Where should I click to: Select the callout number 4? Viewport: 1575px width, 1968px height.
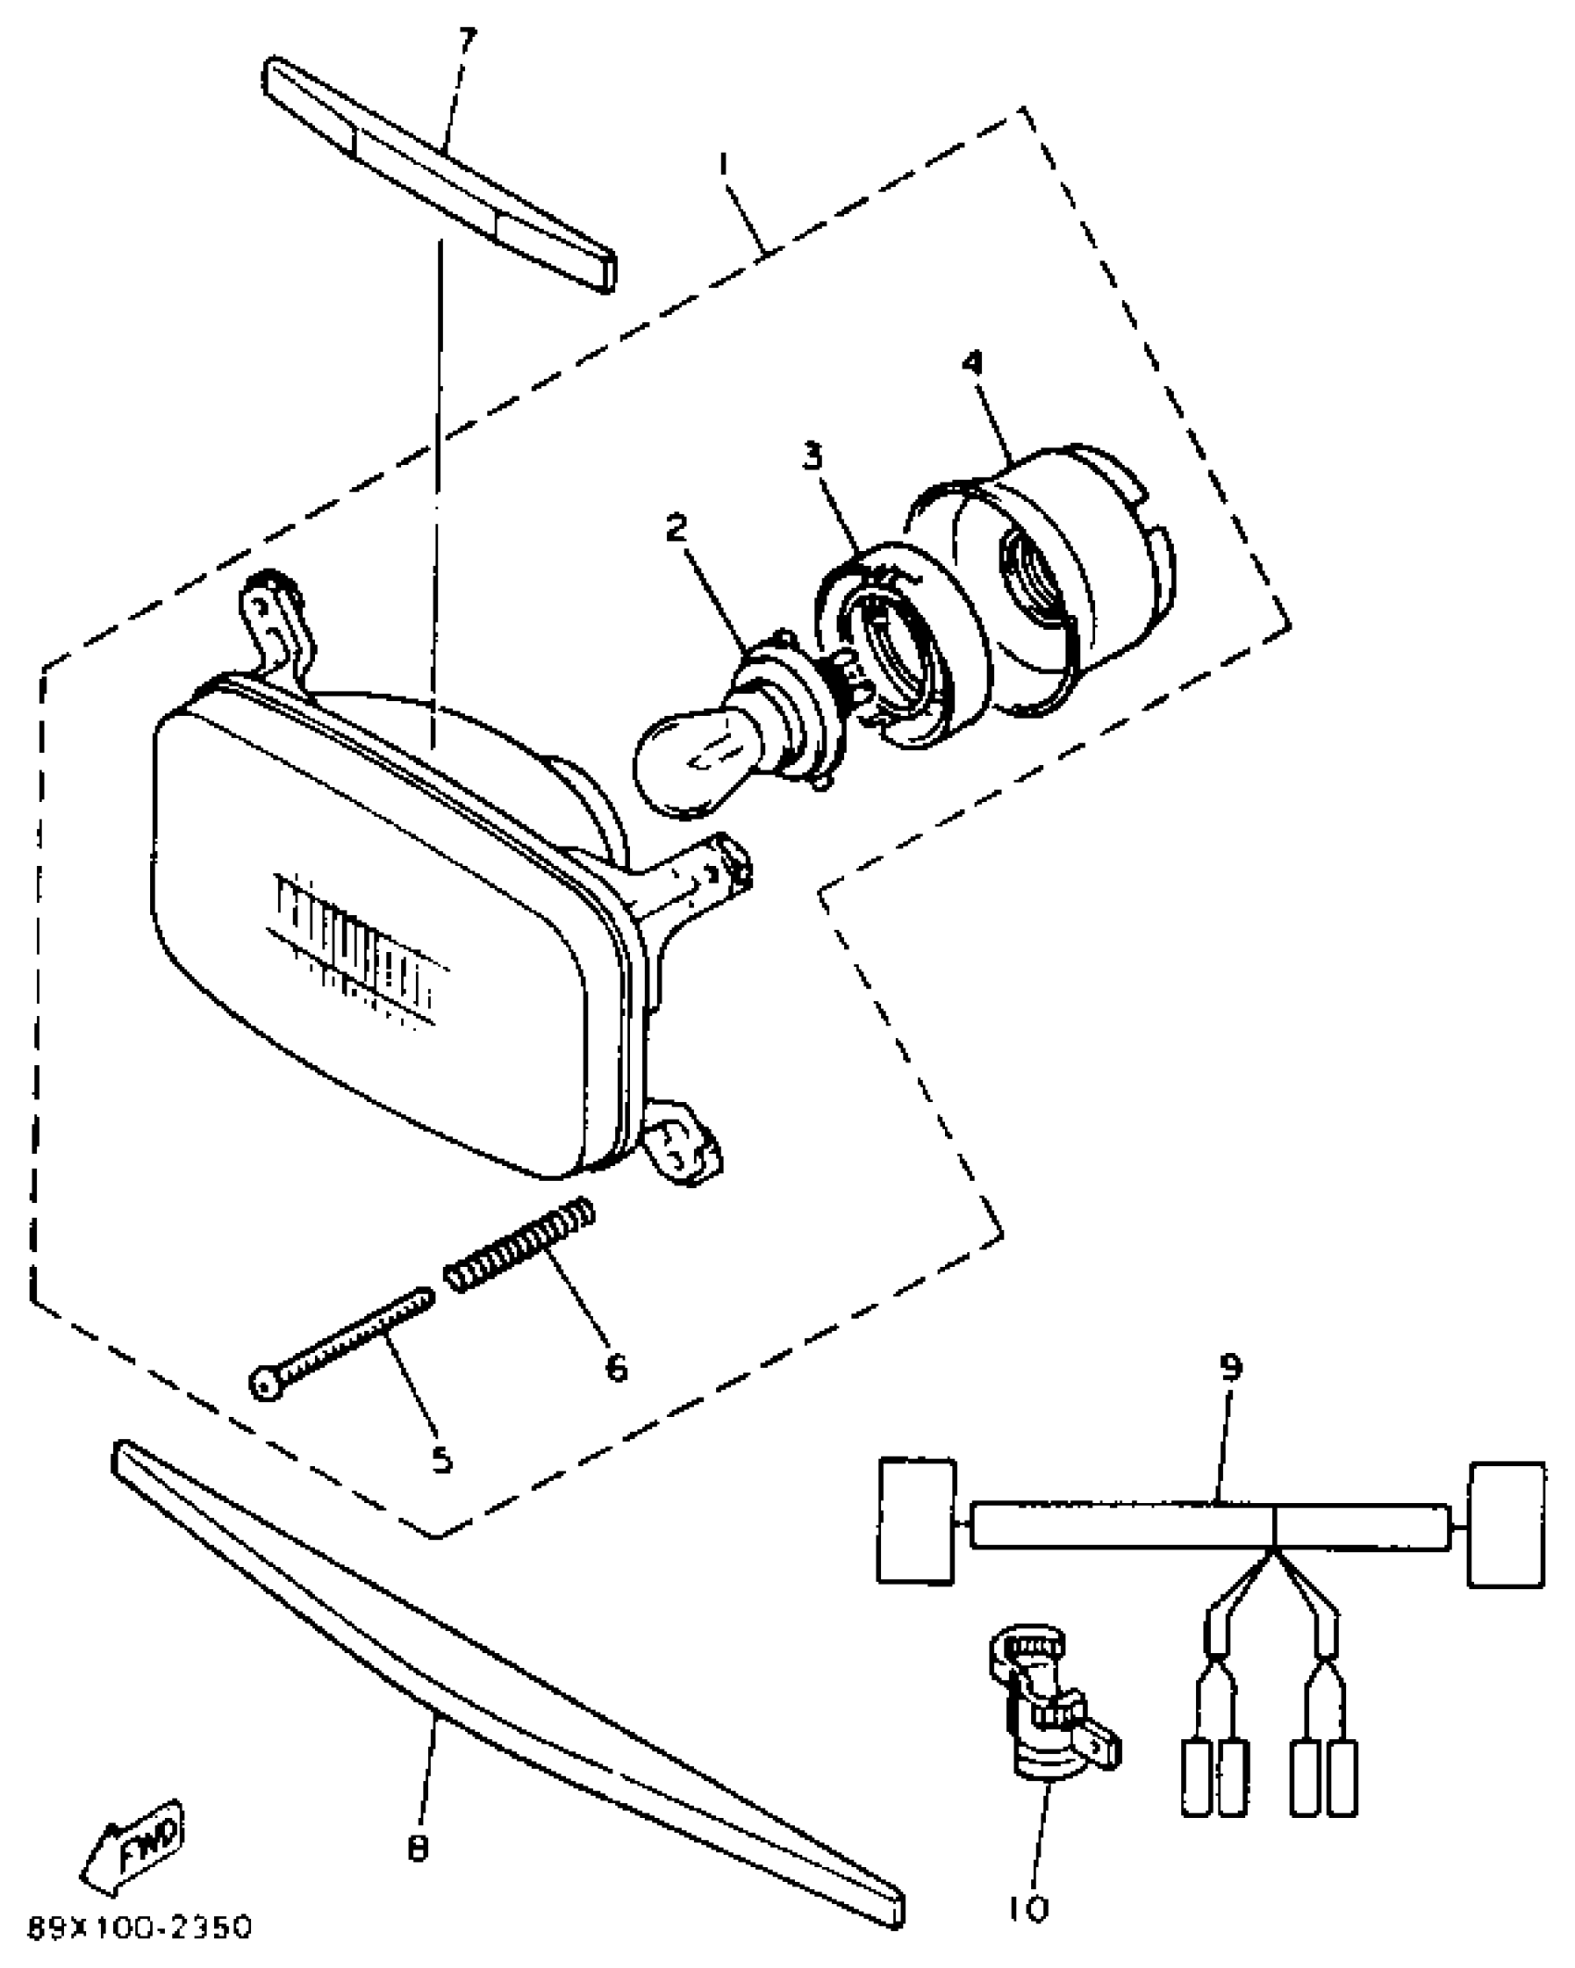tap(972, 364)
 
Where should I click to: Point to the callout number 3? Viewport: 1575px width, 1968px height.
tap(813, 456)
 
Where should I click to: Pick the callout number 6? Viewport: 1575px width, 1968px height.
tap(616, 1367)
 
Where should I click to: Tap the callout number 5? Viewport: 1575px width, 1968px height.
tap(442, 1460)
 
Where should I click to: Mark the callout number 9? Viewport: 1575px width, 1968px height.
tap(1229, 1367)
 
